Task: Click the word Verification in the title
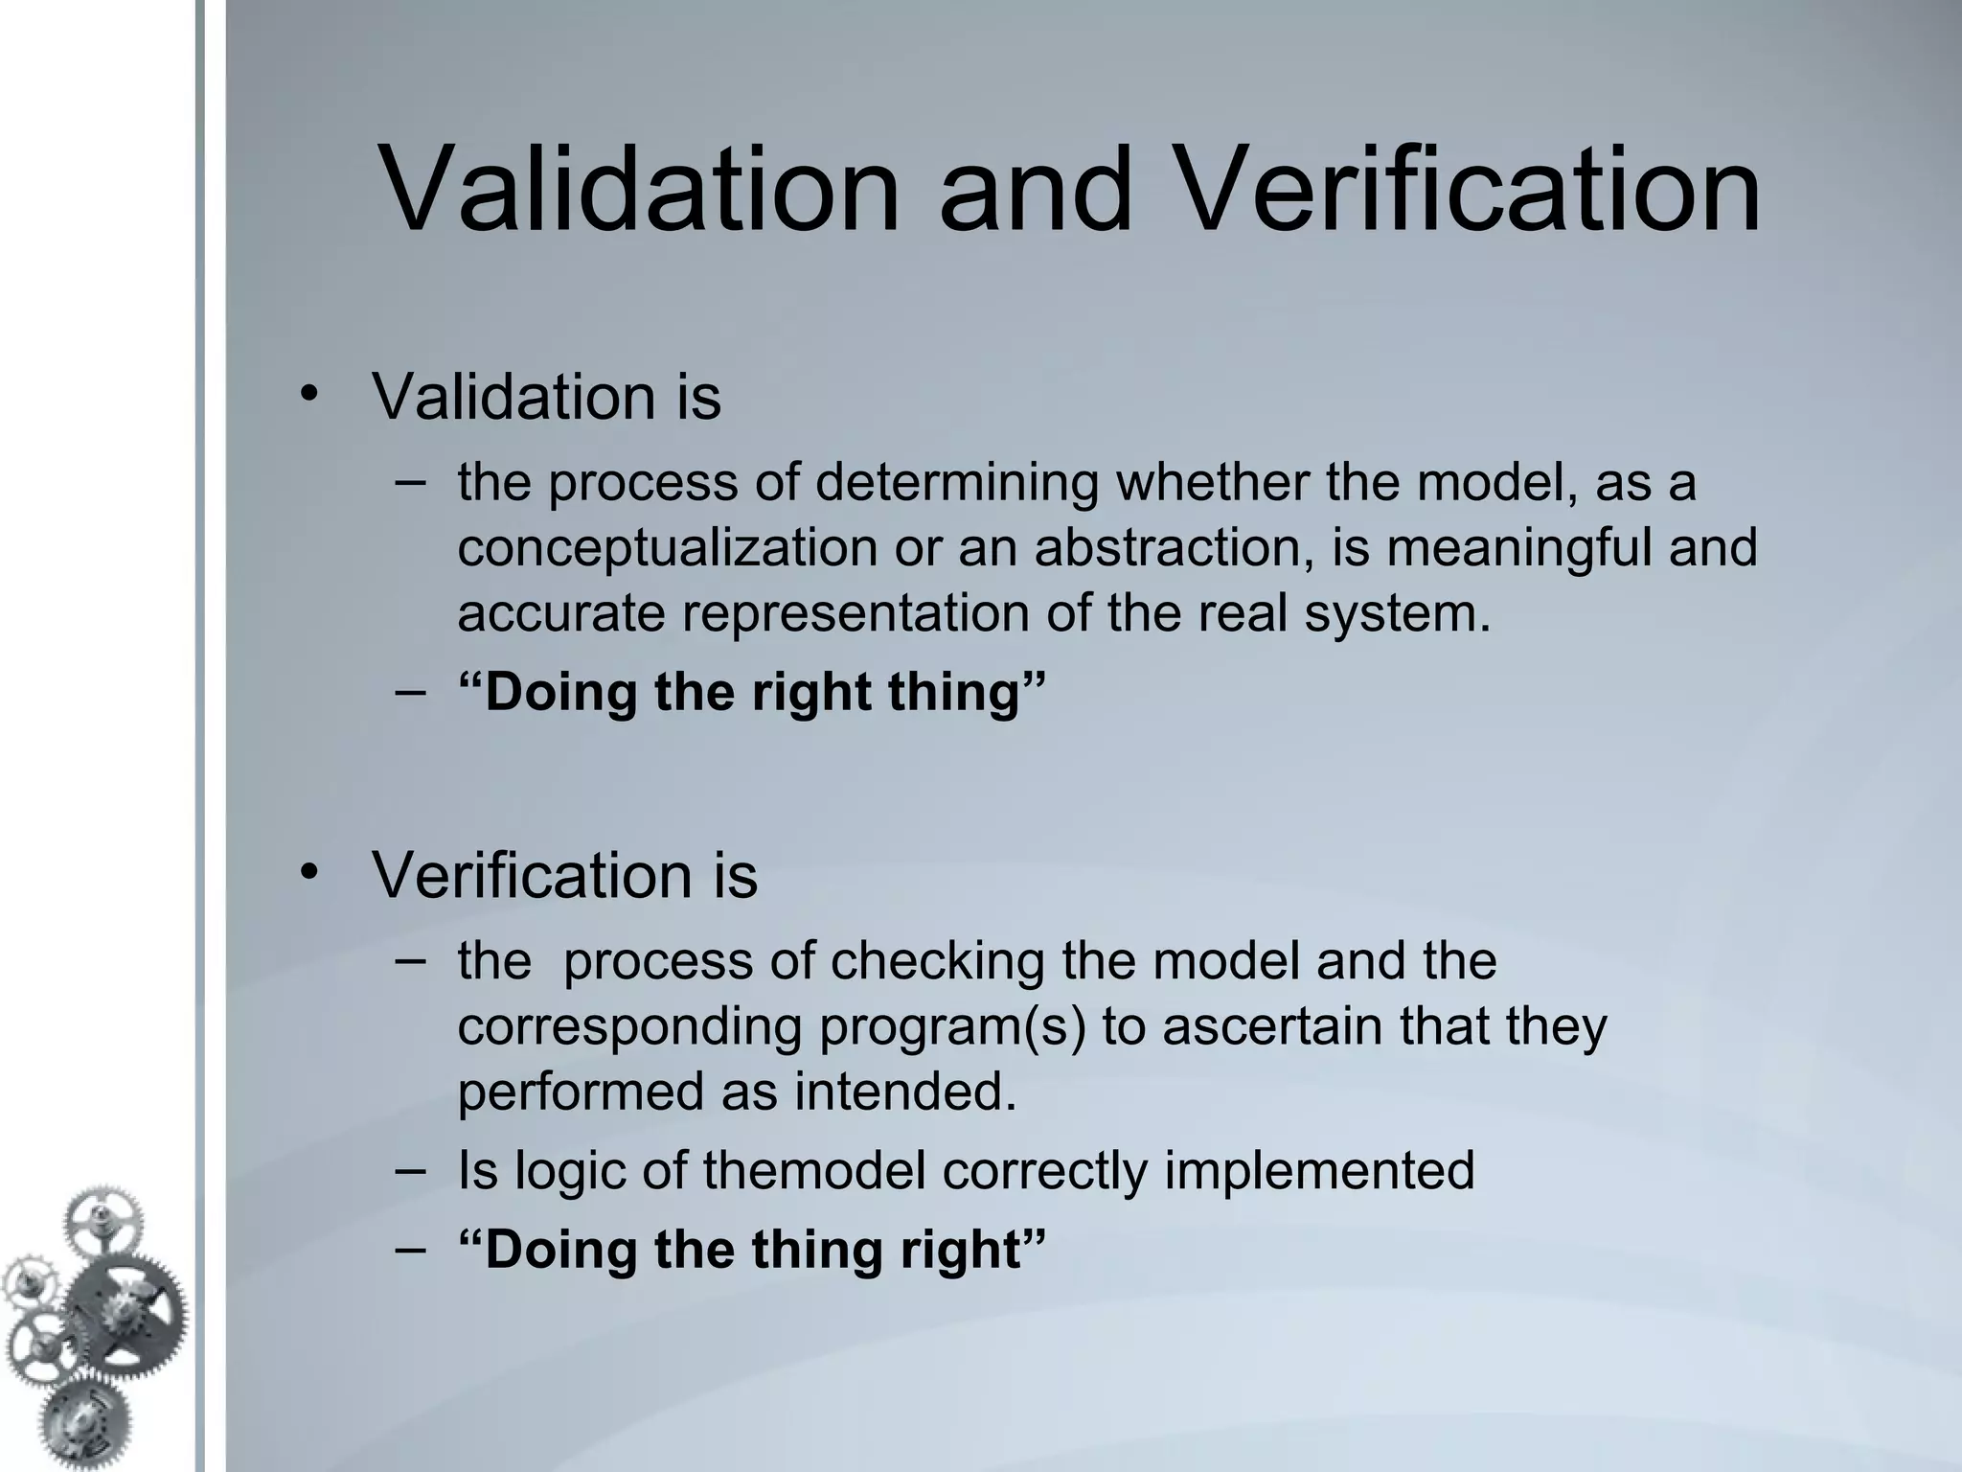point(1465,190)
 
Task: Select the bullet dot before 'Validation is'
point(307,393)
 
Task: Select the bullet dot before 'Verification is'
point(307,871)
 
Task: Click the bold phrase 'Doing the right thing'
point(752,692)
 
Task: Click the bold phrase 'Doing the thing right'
point(752,1250)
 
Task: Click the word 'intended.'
point(905,1092)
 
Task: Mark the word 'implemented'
point(1319,1170)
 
